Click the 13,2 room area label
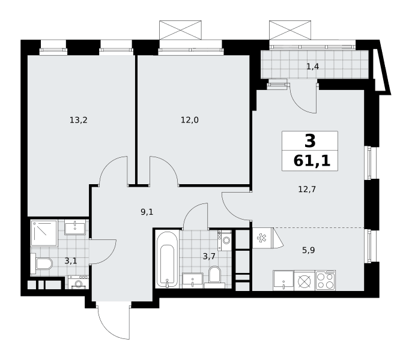pyautogui.click(x=78, y=120)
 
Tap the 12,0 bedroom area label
pyautogui.click(x=189, y=120)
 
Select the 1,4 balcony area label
pyautogui.click(x=313, y=67)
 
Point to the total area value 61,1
pyautogui.click(x=312, y=161)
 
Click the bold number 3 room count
pyautogui.click(x=310, y=141)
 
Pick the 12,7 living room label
pyautogui.click(x=307, y=189)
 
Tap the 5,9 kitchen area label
pyautogui.click(x=309, y=250)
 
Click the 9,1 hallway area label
pyautogui.click(x=147, y=212)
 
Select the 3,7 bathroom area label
pyautogui.click(x=209, y=256)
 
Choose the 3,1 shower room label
pyautogui.click(x=71, y=261)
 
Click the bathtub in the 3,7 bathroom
pyautogui.click(x=167, y=259)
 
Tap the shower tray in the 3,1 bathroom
pyautogui.click(x=44, y=233)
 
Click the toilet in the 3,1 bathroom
pyautogui.click(x=41, y=263)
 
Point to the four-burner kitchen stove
pyautogui.click(x=326, y=280)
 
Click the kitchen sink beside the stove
pyautogui.click(x=283, y=280)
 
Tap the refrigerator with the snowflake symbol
pyautogui.click(x=263, y=238)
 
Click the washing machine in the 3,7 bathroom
pyautogui.click(x=225, y=240)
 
